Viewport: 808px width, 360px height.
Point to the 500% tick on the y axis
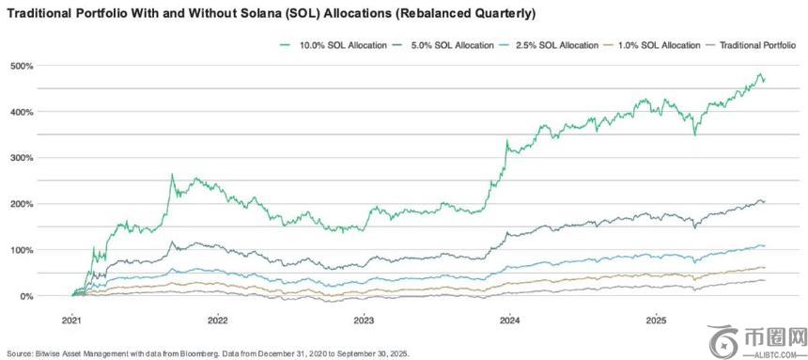click(47, 66)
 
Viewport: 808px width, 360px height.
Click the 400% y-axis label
click(47, 112)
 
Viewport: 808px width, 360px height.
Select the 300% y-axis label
click(47, 158)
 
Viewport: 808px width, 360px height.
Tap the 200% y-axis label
click(47, 204)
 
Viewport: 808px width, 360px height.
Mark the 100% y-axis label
click(47, 250)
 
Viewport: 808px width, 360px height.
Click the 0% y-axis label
click(51, 296)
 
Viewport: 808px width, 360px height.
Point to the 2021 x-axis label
click(72, 319)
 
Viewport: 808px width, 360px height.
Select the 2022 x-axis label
click(218, 319)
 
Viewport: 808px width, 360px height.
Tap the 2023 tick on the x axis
click(364, 319)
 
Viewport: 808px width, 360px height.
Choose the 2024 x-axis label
click(509, 319)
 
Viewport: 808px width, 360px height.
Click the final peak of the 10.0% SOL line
click(759, 74)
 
